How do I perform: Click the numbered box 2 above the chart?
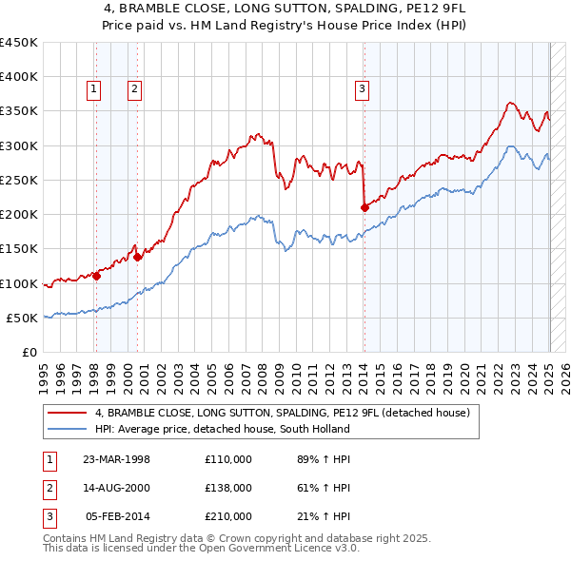[135, 89]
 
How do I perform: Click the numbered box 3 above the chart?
[363, 89]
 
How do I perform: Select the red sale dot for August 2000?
[138, 256]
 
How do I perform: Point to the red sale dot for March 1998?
[97, 276]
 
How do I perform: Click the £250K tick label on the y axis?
[19, 180]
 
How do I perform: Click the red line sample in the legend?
[68, 414]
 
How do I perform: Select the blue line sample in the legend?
[68, 429]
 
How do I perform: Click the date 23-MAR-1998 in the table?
[117, 459]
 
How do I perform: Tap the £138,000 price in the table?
[227, 488]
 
